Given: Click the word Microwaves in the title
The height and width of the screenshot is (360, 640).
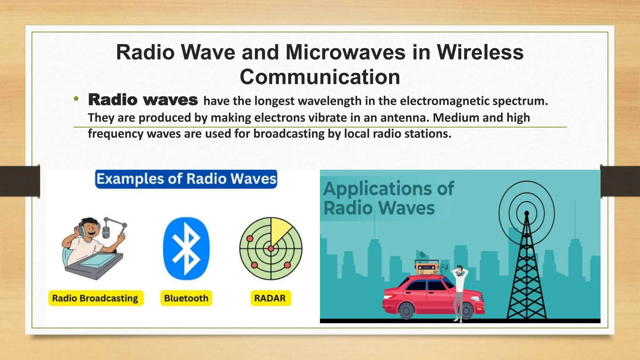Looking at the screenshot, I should click(345, 52).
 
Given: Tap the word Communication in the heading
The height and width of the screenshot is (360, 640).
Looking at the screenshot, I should click(320, 77).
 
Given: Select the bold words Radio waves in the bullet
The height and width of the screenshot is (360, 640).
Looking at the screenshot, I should click(143, 100).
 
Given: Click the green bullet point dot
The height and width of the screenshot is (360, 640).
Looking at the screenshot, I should click(76, 99).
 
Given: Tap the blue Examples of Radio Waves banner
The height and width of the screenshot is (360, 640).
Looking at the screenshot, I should click(186, 179).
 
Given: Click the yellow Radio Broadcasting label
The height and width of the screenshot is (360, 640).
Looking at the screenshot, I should click(95, 298).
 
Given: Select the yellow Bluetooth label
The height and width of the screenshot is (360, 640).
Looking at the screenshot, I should click(186, 298).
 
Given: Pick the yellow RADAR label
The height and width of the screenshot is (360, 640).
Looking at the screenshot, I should click(270, 298).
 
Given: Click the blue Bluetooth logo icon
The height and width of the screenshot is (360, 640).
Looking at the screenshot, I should click(186, 248).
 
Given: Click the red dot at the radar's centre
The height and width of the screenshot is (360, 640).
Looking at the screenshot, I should click(271, 249).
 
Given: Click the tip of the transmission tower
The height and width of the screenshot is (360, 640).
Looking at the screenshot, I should click(527, 213).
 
